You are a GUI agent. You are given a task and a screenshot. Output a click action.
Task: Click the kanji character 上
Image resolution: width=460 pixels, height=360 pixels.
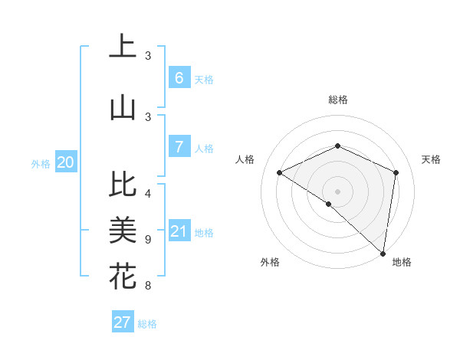(123, 47)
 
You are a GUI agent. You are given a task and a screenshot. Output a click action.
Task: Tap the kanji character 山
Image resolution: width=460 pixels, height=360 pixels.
(123, 108)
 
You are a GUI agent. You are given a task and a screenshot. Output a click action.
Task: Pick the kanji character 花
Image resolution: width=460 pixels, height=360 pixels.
(123, 276)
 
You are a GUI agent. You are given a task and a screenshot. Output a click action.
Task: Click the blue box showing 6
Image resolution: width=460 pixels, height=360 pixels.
(179, 78)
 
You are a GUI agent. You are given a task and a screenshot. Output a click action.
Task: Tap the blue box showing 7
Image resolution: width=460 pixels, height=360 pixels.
(179, 147)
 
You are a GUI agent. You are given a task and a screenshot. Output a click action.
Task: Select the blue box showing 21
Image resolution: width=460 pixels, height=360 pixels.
(179, 231)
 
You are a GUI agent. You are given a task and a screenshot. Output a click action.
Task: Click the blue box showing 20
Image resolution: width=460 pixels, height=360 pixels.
(66, 162)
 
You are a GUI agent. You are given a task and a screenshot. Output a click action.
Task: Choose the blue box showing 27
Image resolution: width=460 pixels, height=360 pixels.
(122, 322)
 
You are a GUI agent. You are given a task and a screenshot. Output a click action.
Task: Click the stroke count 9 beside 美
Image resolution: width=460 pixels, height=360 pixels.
(148, 240)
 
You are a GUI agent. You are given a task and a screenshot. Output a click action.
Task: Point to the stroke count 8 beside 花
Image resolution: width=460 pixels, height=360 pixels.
(148, 286)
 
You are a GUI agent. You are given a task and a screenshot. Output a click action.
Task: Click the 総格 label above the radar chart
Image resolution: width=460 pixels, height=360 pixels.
(337, 100)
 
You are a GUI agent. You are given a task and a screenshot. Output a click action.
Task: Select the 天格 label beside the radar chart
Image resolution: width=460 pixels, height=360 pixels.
(431, 159)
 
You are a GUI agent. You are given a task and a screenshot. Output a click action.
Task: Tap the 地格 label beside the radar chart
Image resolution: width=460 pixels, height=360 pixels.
(402, 262)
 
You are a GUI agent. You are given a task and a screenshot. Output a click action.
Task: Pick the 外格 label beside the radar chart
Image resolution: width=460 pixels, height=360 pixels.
(270, 262)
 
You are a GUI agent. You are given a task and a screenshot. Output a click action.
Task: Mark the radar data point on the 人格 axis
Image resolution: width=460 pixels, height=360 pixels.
(280, 173)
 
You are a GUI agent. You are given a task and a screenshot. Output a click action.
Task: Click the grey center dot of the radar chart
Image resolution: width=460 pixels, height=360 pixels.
(337, 191)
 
